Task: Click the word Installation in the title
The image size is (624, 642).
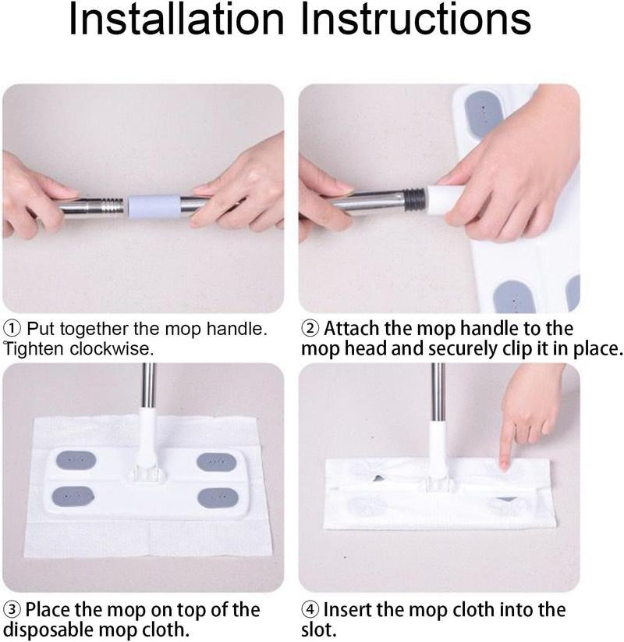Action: pos(176,22)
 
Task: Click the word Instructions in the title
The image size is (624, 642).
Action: pos(417,22)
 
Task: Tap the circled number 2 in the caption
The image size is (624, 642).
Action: pos(310,328)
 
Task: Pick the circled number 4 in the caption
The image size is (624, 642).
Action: pos(310,609)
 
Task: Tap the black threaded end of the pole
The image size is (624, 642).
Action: pos(415,198)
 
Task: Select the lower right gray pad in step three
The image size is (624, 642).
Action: pos(216,497)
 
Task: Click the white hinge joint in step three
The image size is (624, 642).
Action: pos(147,469)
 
